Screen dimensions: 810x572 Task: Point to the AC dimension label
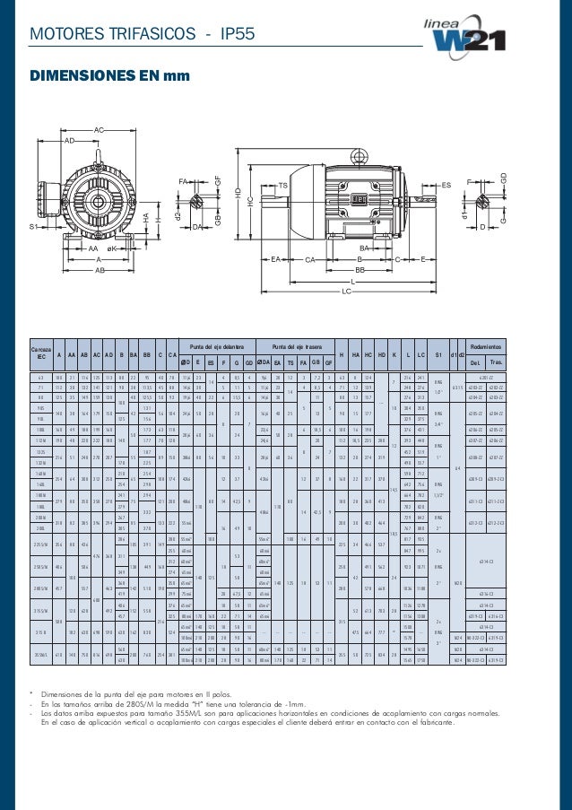click(100, 130)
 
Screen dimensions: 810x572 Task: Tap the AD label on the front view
click(69, 142)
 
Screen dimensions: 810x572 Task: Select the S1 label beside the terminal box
click(32, 227)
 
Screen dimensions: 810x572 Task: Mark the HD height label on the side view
click(238, 193)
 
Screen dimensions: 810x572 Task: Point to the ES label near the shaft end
click(446, 185)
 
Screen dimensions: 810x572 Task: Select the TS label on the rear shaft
click(282, 186)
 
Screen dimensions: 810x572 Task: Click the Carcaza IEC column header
click(39, 353)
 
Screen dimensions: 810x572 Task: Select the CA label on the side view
click(312, 259)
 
